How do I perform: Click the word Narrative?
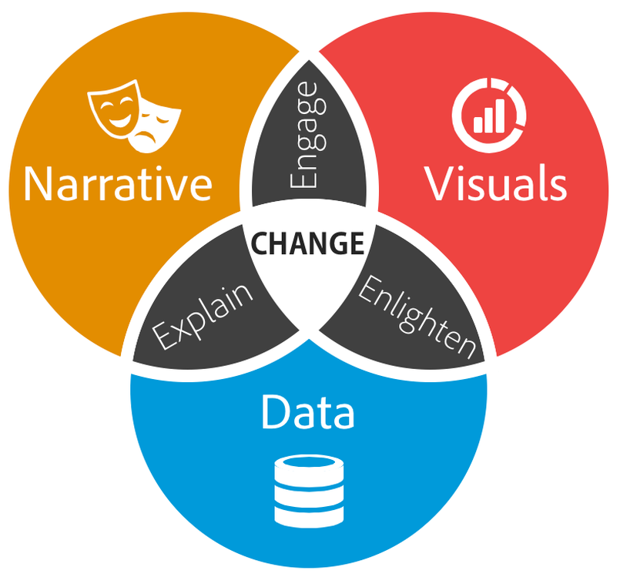point(118,184)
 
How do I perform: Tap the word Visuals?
point(495,183)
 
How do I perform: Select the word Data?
point(307,411)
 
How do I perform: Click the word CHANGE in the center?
point(307,243)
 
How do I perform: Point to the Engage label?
point(308,135)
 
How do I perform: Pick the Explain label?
point(203,317)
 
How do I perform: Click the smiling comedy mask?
point(114,109)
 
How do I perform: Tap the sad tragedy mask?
point(155,126)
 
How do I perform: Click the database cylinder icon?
point(309,491)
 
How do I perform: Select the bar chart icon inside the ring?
point(489,115)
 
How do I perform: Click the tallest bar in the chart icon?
point(500,115)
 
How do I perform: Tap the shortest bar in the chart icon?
point(478,124)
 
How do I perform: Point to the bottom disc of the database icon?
point(309,515)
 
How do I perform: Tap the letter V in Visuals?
point(439,183)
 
